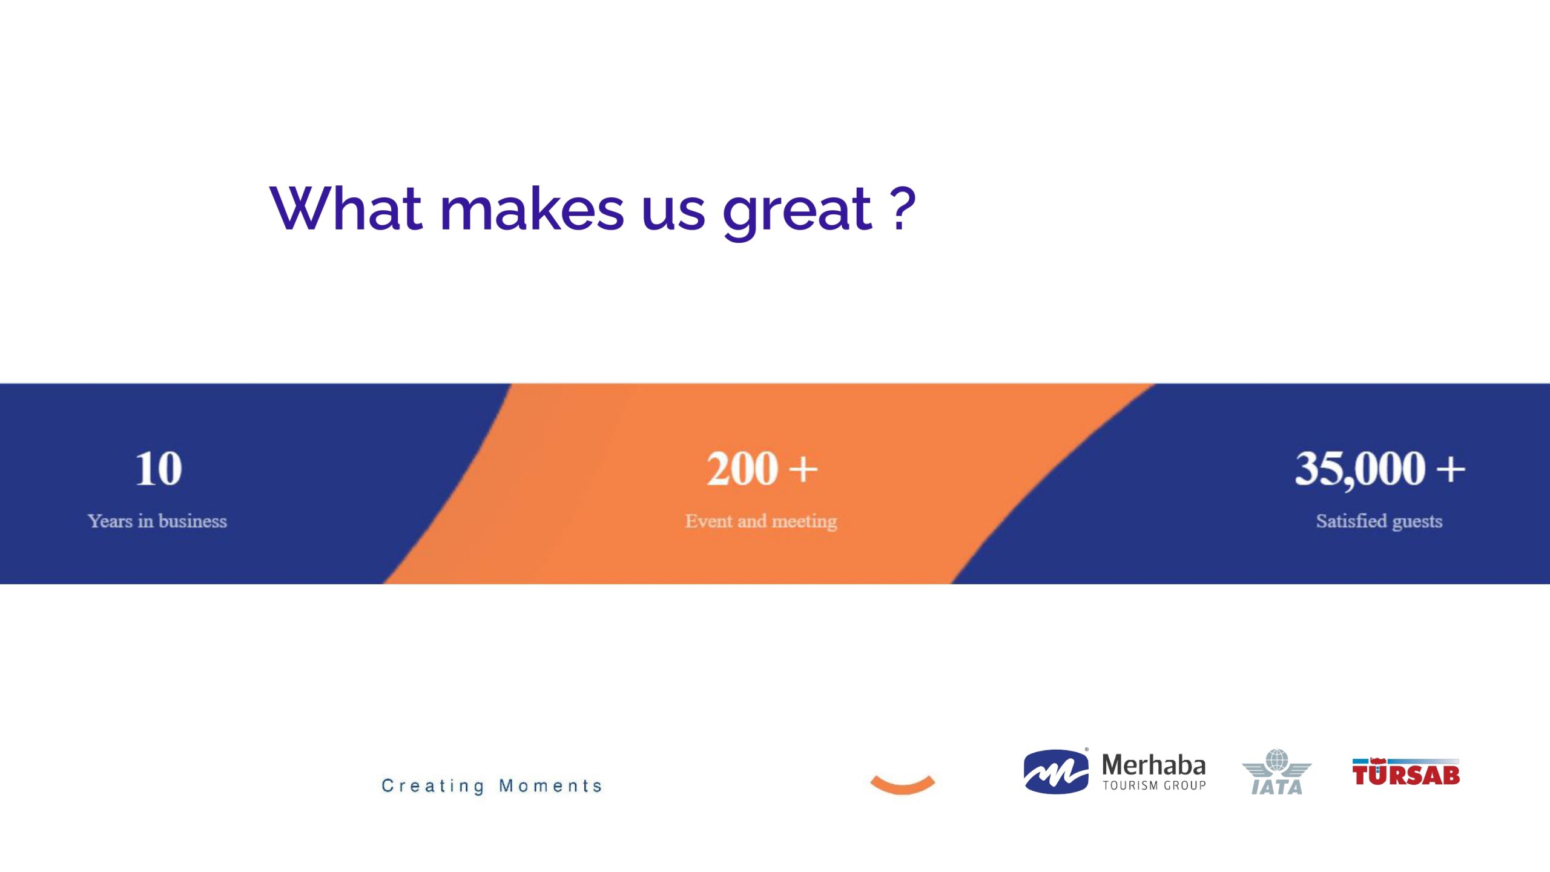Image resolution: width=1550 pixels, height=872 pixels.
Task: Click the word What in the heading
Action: (x=346, y=208)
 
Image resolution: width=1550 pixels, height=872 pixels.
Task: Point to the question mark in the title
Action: (x=903, y=208)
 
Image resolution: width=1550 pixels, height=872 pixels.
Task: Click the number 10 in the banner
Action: (x=158, y=469)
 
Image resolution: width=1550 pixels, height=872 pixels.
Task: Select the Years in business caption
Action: (x=157, y=521)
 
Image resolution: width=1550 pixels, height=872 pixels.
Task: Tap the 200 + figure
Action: (x=762, y=469)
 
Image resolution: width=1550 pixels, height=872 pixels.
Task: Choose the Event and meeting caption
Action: (x=761, y=521)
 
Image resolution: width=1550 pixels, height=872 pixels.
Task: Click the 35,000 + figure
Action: (x=1380, y=469)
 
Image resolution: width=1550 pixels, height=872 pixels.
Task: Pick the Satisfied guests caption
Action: (x=1379, y=521)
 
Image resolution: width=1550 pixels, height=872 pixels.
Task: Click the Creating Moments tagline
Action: (x=492, y=786)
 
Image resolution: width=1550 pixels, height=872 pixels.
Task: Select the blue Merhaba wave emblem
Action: (x=1055, y=771)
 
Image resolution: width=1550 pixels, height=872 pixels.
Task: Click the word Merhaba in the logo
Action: (x=1153, y=765)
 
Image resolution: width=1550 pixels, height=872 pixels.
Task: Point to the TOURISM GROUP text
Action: (x=1154, y=785)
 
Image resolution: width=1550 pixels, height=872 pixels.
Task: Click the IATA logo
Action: (x=1276, y=771)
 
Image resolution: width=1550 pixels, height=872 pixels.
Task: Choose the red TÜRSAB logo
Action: (x=1406, y=771)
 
